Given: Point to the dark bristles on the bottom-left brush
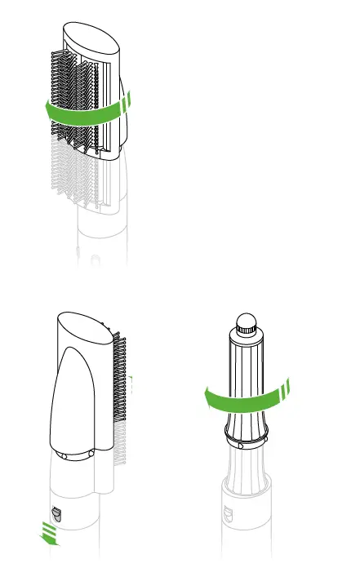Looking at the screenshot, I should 119,384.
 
